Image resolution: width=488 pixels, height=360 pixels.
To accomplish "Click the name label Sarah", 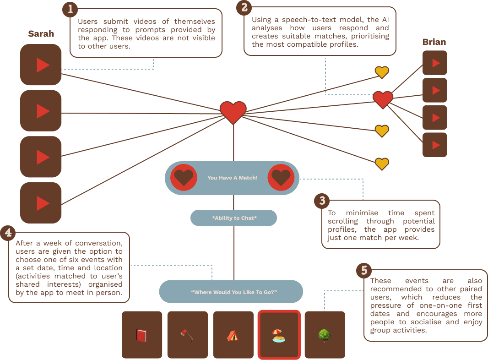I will [41, 34].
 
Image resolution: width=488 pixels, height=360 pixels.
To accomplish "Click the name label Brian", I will [434, 42].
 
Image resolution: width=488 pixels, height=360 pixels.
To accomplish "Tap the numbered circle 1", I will [70, 9].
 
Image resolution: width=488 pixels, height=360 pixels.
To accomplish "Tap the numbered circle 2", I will [244, 7].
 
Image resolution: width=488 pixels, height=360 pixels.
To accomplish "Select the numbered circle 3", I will [322, 201].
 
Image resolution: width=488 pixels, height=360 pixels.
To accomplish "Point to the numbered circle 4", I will [8, 233].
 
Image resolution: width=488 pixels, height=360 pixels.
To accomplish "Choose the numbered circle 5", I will [364, 270].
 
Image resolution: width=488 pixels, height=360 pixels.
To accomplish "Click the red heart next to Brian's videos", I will [383, 99].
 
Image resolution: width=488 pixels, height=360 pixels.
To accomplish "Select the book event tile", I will [142, 335].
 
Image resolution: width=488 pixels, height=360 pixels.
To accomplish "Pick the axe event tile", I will [187, 335].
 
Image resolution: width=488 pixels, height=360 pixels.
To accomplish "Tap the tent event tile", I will [233, 335].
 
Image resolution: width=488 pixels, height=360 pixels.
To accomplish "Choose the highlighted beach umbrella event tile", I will [279, 335].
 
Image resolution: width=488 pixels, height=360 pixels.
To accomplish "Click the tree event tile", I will [325, 335].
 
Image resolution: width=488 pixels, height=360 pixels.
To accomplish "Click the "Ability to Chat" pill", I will [233, 218].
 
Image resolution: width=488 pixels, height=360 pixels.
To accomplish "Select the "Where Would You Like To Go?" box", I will [231, 292].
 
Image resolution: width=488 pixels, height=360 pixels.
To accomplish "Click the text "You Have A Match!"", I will [232, 178].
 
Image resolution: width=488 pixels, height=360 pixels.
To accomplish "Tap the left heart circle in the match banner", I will [184, 177].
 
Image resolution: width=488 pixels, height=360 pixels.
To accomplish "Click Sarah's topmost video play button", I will [41, 65].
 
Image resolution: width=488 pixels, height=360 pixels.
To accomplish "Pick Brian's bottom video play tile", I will [434, 145].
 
